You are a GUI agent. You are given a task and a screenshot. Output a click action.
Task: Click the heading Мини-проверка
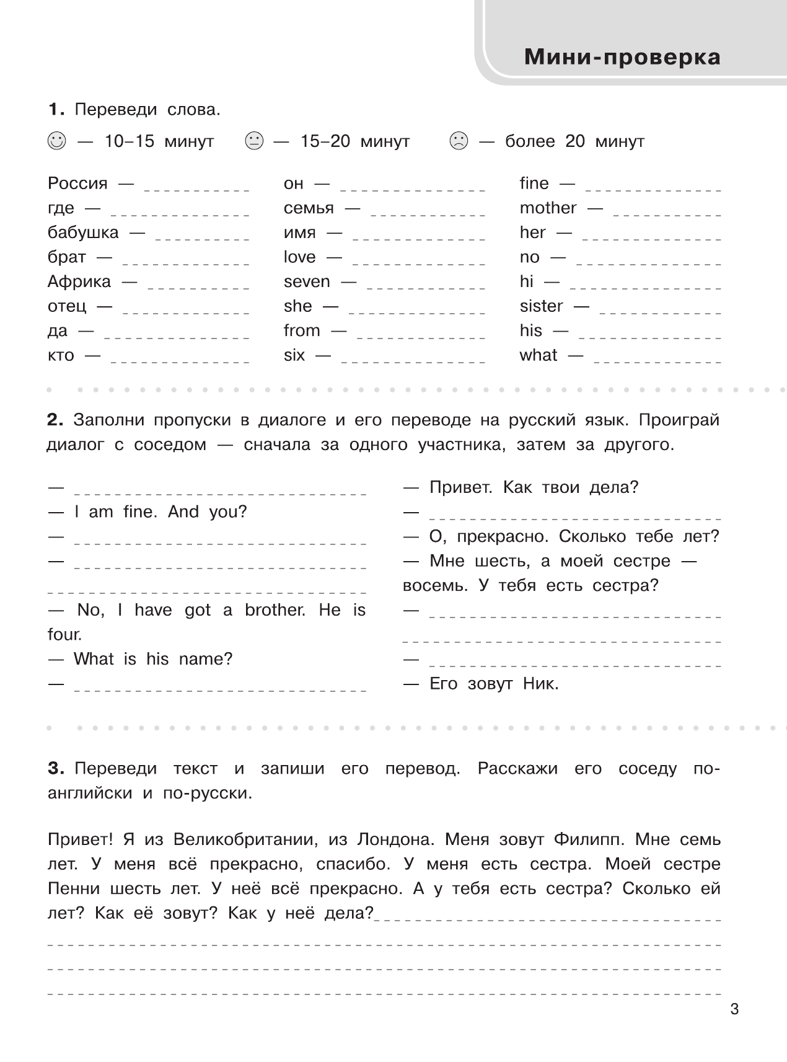coord(622,57)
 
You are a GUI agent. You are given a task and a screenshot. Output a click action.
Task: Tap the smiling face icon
coord(56,141)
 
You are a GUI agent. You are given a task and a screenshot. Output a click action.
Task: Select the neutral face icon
coord(254,141)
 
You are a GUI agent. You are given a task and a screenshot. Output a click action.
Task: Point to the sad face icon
coord(458,141)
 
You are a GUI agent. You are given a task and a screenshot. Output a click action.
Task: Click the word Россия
coord(77,184)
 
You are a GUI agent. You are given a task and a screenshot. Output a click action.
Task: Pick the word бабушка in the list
coord(83,232)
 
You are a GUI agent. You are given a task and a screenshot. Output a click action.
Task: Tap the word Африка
coord(79,281)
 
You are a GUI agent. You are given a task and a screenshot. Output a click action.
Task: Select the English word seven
coord(307,281)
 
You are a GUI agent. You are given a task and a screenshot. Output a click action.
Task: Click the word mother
coord(548,208)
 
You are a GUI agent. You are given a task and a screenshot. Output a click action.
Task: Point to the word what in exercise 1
coord(539,355)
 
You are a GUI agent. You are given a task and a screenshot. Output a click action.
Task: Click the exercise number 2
coord(55,420)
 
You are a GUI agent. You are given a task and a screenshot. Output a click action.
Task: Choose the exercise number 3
coord(55,769)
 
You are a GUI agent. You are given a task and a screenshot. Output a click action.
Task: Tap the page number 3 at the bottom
coord(734,1009)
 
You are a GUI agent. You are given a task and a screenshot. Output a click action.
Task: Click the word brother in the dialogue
coord(275,610)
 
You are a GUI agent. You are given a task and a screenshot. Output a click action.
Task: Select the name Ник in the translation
coord(540,684)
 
